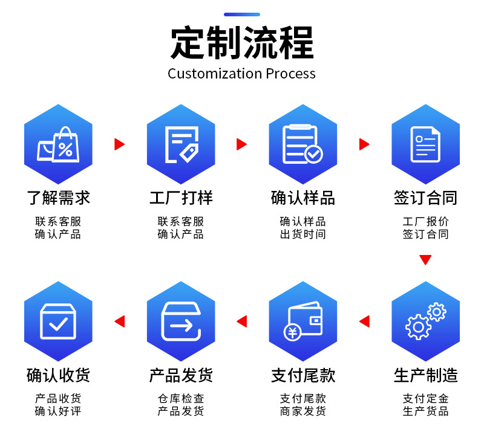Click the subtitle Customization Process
[x=242, y=74]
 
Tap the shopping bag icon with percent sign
[x=58, y=144]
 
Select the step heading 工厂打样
[x=181, y=198]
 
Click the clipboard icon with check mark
[x=302, y=144]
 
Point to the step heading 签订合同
[x=425, y=198]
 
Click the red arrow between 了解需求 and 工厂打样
[x=119, y=144]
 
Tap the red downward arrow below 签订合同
[x=425, y=260]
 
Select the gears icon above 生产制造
[x=425, y=321]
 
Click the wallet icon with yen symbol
[x=302, y=321]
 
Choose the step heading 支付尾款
[x=303, y=375]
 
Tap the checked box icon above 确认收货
[x=58, y=321]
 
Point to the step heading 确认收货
[x=58, y=375]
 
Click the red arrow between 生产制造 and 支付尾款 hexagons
[x=364, y=321]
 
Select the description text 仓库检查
[x=181, y=399]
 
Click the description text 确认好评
[x=58, y=411]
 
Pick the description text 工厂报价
[x=425, y=221]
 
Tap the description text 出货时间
[x=302, y=234]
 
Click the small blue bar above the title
[x=242, y=15]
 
